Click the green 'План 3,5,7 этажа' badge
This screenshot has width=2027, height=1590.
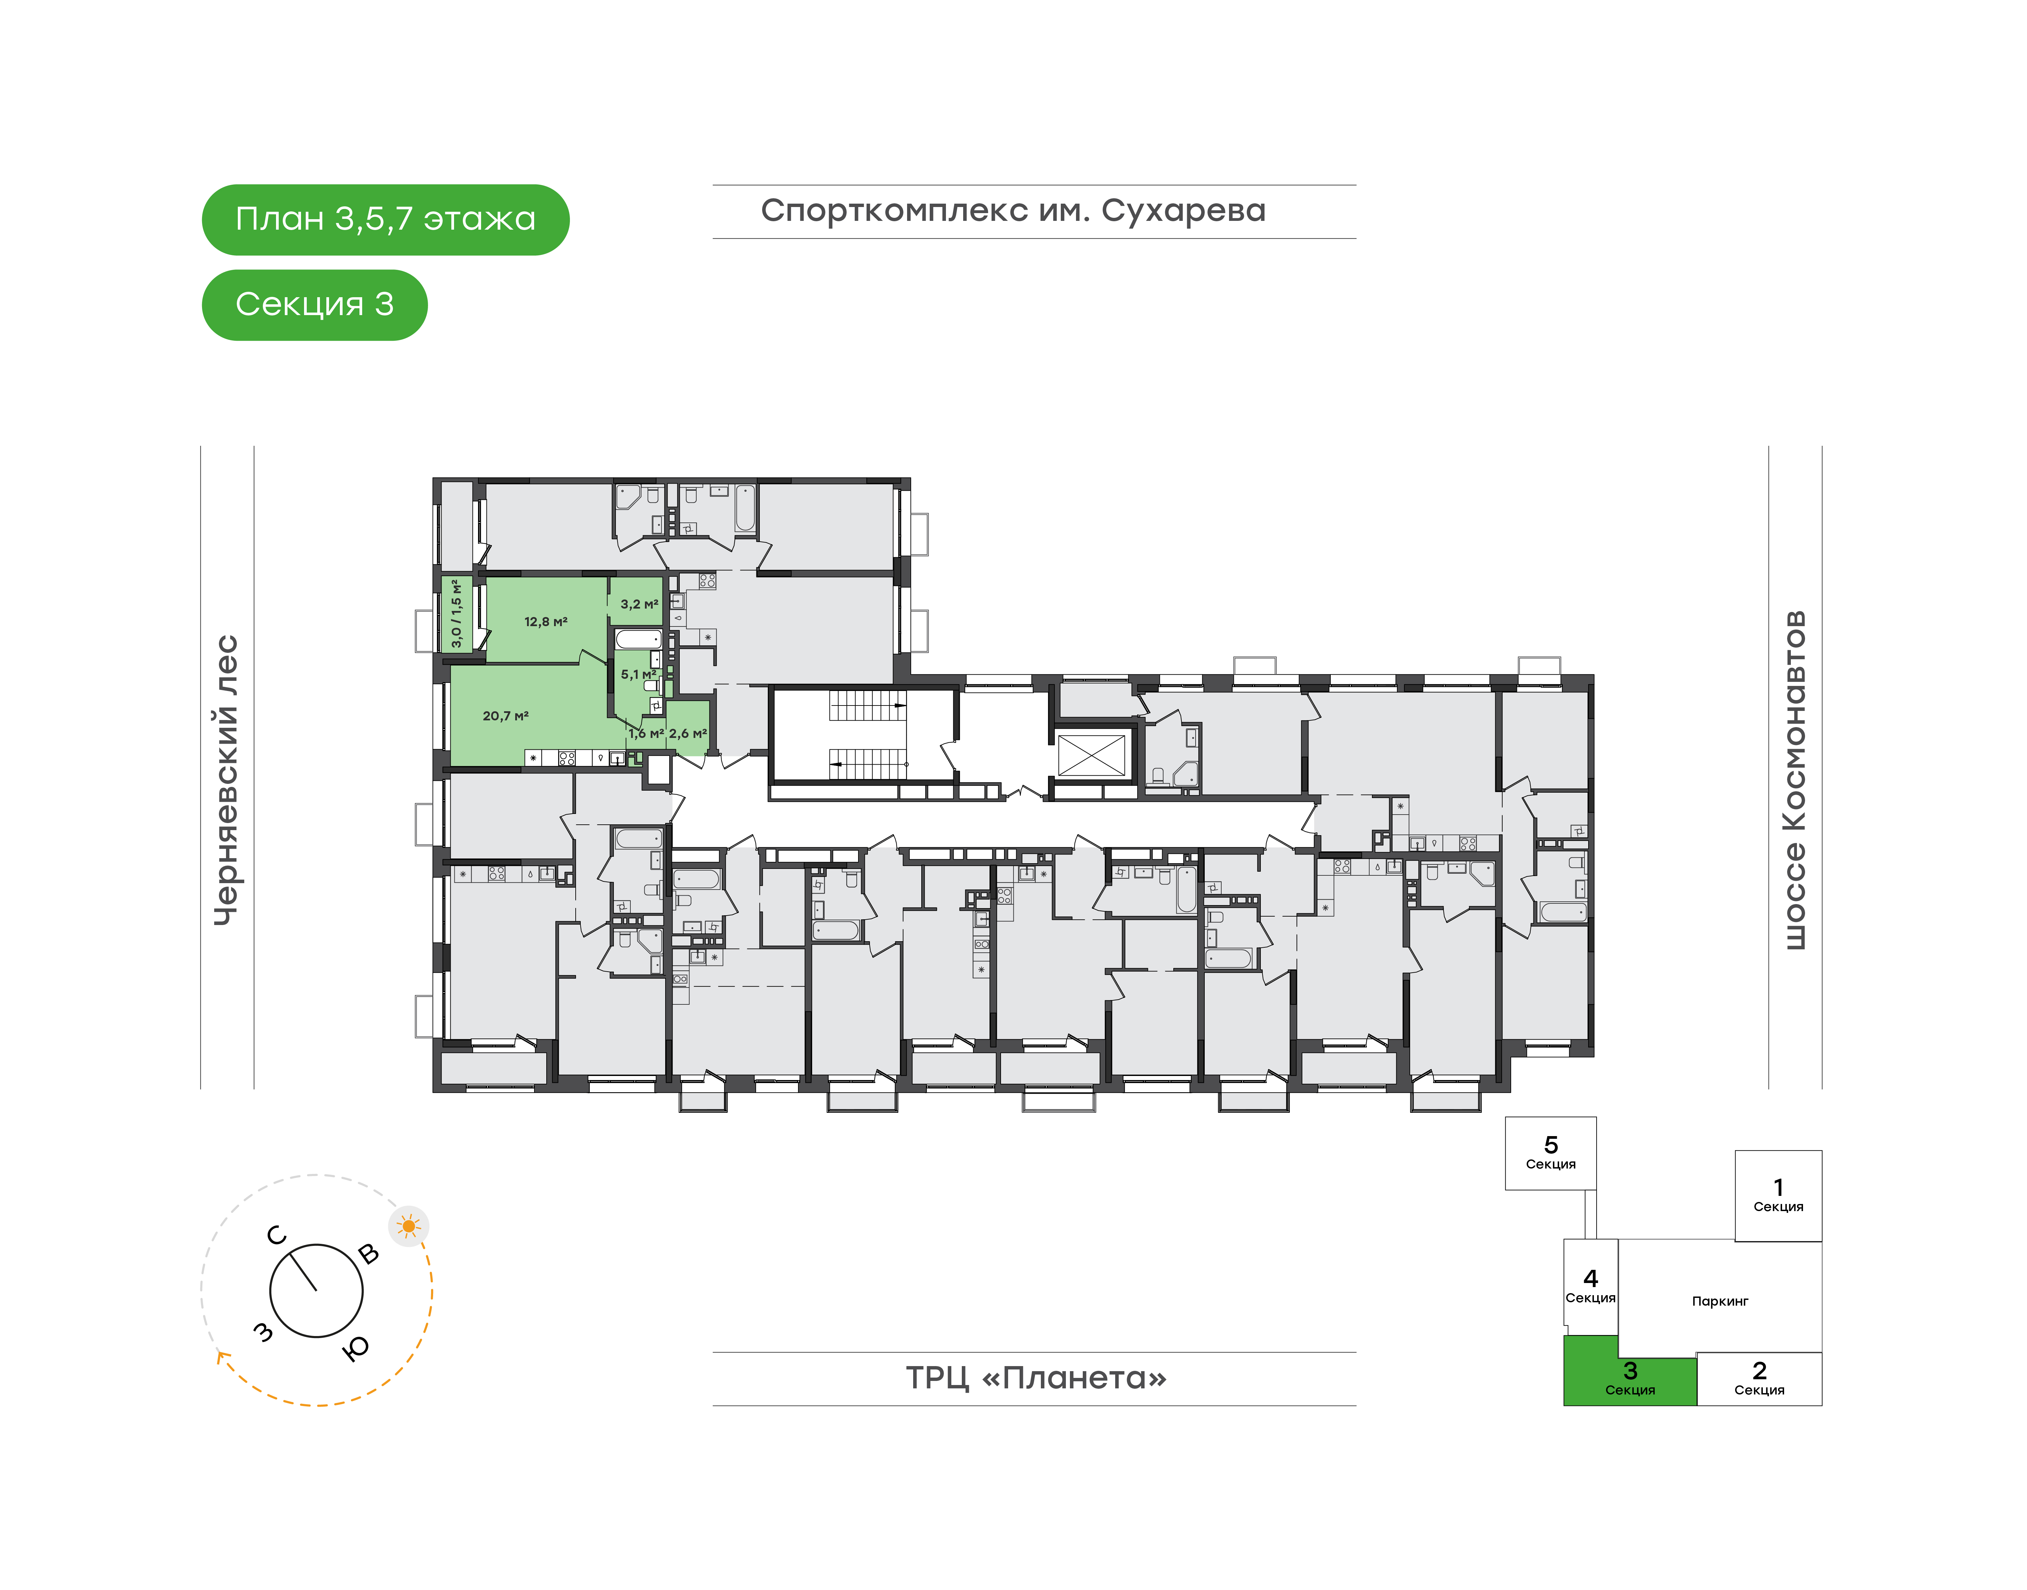tap(385, 220)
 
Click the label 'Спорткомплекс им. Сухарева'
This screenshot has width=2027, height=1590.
tap(1013, 211)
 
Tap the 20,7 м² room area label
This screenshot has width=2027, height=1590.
tap(506, 716)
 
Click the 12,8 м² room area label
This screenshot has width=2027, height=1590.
tap(546, 622)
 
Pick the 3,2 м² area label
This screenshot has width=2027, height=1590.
tap(640, 604)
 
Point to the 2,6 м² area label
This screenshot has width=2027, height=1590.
tap(688, 734)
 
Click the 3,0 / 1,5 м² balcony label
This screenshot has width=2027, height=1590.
tap(456, 613)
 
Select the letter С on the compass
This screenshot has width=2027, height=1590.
tap(277, 1235)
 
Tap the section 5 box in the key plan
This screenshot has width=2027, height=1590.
tap(1550, 1153)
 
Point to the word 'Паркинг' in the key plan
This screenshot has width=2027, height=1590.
tap(1720, 1302)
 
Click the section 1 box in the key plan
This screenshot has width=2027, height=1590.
tap(1778, 1195)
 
